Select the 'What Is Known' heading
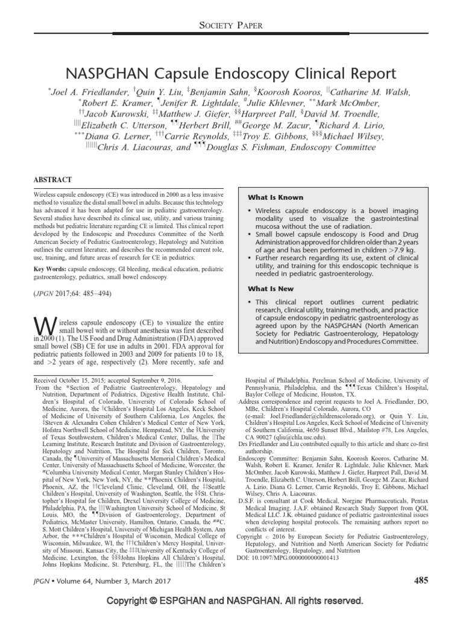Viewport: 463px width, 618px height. coord(276,197)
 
